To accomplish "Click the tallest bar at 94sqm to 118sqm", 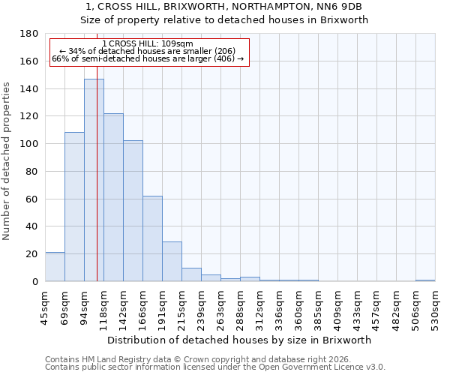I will tap(94, 180).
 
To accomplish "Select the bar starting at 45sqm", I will tap(55, 267).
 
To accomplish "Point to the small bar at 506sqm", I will tap(425, 280).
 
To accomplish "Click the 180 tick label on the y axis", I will tap(29, 34).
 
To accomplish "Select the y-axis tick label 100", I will tap(29, 144).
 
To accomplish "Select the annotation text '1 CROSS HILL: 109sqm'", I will tap(148, 43).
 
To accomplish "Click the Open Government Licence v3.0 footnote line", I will tap(215, 367).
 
